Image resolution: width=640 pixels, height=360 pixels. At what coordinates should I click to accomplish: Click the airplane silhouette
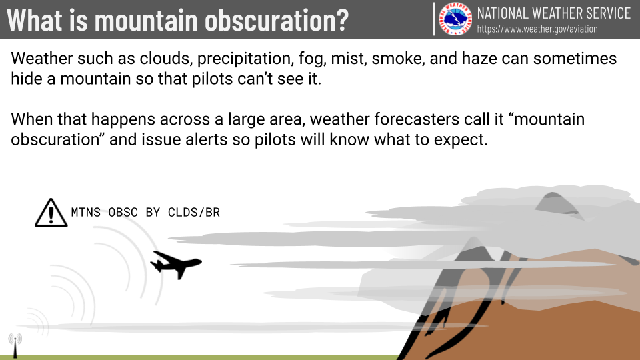176,265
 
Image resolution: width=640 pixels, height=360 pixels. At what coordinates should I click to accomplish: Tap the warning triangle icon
51,213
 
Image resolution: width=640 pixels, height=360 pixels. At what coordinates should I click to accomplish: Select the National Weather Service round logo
455,19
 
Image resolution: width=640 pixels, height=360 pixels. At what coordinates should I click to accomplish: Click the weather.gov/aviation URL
537,29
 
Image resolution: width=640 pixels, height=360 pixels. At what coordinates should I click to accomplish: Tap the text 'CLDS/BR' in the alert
194,212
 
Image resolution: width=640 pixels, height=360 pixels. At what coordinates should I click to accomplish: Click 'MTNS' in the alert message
86,212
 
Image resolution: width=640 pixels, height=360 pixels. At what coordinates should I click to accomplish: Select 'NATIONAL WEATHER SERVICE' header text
554,13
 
